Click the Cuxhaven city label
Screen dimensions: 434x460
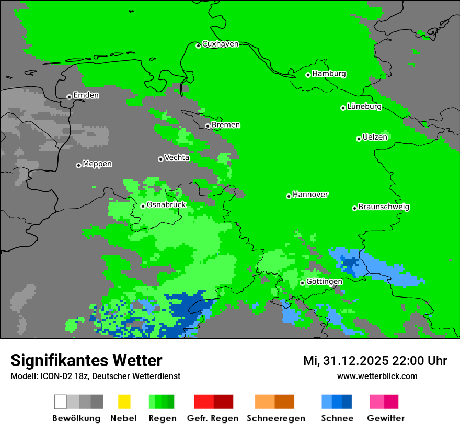point(220,44)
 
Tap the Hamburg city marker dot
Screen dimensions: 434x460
point(308,75)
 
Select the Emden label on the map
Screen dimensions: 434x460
point(86,95)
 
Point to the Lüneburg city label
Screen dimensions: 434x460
point(364,107)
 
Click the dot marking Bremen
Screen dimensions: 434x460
point(208,126)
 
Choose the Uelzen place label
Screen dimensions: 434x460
point(375,138)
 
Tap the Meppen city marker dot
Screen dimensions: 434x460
point(78,165)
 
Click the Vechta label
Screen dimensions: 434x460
point(177,157)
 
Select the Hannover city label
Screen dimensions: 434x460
point(310,195)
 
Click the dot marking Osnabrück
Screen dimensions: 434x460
point(143,206)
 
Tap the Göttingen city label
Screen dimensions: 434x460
point(324,282)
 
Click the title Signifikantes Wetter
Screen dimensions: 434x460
point(86,360)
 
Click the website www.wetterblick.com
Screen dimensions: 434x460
point(377,376)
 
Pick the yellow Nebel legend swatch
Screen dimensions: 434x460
point(124,402)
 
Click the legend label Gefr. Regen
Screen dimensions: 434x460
point(213,418)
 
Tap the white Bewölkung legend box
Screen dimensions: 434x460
point(61,402)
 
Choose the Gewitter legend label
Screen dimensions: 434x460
point(386,418)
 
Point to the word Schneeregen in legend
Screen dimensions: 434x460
point(275,418)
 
